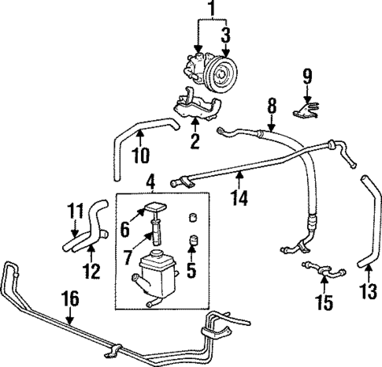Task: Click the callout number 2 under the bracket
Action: pos(194,142)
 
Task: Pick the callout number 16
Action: pos(71,298)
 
